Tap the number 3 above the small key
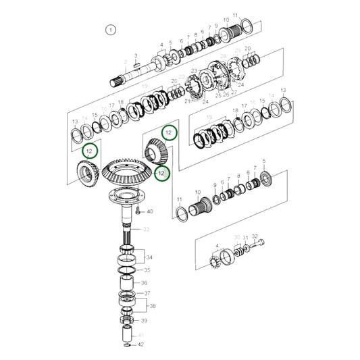[x=136, y=56]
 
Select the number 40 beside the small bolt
[x=150, y=211]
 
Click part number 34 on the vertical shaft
[x=149, y=257]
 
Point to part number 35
[x=147, y=270]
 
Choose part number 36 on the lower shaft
[x=144, y=283]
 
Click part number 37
[x=147, y=294]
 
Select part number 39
[x=144, y=320]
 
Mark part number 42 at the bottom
[x=140, y=344]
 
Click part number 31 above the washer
[x=245, y=237]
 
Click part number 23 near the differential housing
[x=194, y=71]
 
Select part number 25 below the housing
[x=218, y=95]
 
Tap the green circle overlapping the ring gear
[x=161, y=174]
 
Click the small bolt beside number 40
[x=138, y=211]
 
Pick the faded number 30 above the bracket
[x=236, y=237]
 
